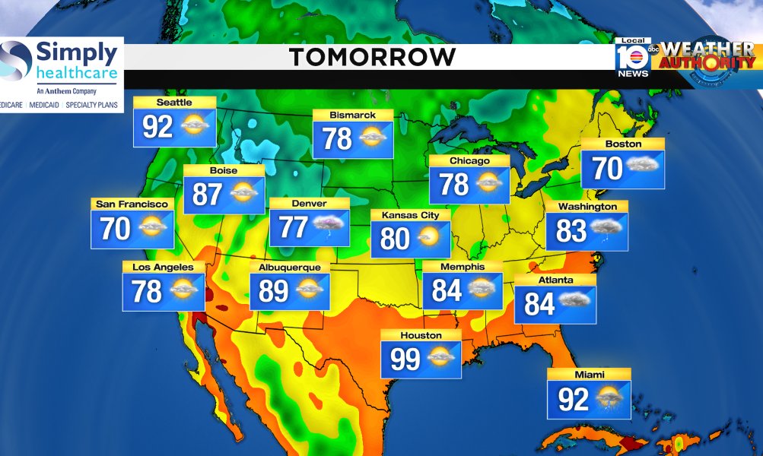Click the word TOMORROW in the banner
(373, 57)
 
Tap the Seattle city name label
(174, 103)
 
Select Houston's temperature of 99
(405, 359)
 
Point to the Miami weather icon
(609, 398)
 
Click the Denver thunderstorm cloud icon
(329, 226)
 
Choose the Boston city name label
(623, 144)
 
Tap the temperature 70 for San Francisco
(116, 228)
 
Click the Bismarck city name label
(352, 116)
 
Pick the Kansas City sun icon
(429, 238)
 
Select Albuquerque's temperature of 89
(275, 290)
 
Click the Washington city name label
(587, 207)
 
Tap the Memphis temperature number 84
(447, 290)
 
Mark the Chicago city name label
(469, 161)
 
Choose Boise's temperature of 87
(207, 195)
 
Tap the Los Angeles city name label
(163, 268)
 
